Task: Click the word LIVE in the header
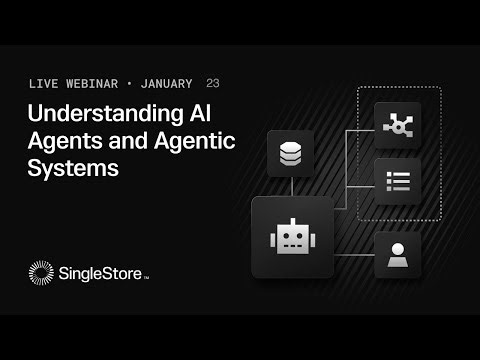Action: click(x=47, y=82)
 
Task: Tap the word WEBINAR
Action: click(x=99, y=82)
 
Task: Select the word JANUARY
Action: click(x=171, y=82)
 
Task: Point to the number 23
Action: click(x=213, y=82)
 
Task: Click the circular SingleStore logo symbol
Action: click(x=42, y=273)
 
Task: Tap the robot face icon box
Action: click(x=291, y=236)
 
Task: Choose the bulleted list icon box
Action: click(x=398, y=181)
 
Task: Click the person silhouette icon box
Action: click(x=398, y=256)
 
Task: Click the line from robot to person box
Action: click(x=352, y=256)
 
